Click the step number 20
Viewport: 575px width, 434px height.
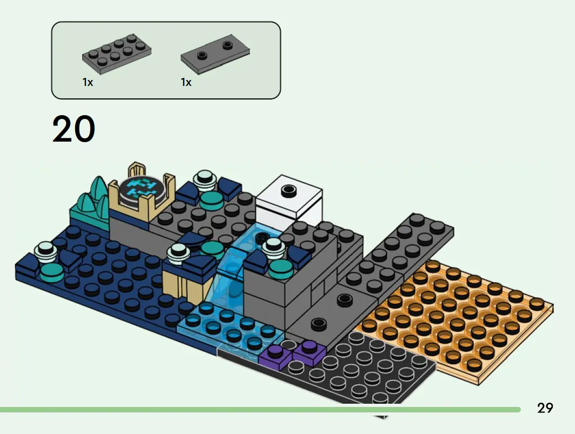click(74, 129)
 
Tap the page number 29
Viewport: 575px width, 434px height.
click(545, 408)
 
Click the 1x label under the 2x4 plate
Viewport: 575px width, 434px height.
click(88, 83)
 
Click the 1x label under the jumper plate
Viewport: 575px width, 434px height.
click(186, 83)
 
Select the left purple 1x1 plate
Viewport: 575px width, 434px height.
click(275, 356)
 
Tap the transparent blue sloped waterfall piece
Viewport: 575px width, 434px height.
click(227, 278)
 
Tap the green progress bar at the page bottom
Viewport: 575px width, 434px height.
click(260, 410)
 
